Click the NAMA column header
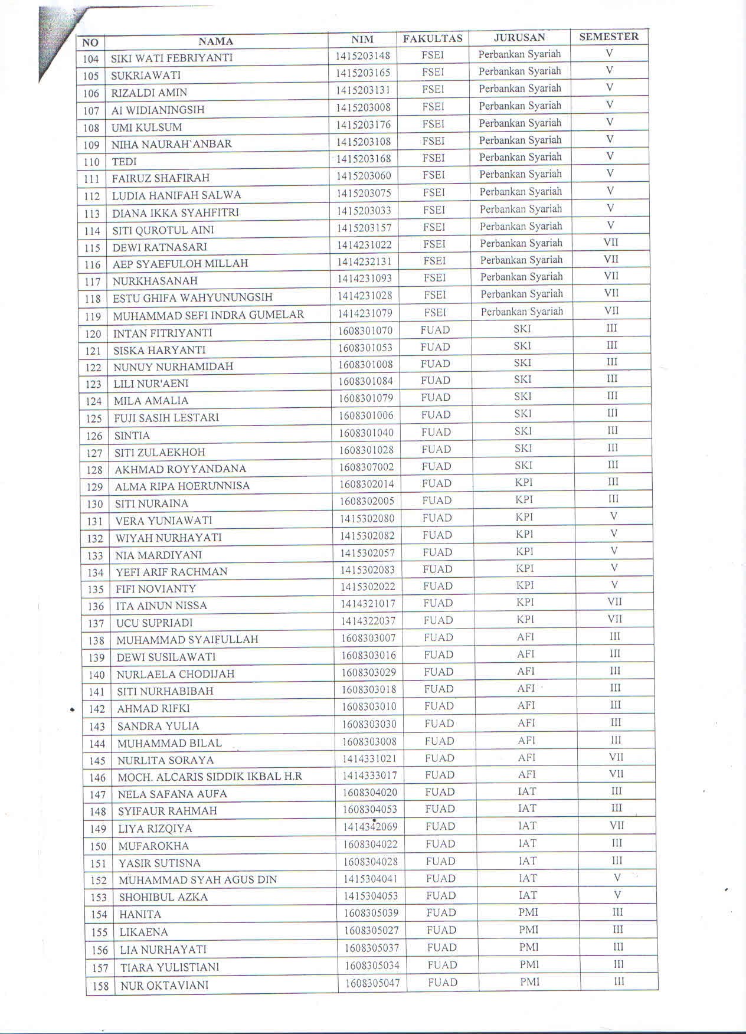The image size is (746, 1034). pos(215,41)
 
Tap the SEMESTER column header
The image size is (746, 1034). pos(608,37)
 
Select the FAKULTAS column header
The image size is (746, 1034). pos(433,39)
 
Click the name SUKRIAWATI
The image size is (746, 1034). pos(146,76)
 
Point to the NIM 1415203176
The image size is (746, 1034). pos(363,125)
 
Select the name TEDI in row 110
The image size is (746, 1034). pos(124,162)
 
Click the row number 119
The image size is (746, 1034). pos(93,316)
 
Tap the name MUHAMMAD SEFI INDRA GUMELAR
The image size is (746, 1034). pos(208,315)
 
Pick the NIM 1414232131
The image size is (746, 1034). pos(364,261)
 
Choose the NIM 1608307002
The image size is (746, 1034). pos(366,467)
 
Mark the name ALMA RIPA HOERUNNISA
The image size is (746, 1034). pos(182,486)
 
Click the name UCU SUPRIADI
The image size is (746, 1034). pos(154,623)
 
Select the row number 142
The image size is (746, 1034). pos(96,709)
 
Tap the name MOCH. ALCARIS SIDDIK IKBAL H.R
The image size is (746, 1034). pos(210,777)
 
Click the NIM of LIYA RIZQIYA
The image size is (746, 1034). pos(370,827)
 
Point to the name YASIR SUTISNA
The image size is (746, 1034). pos(159,863)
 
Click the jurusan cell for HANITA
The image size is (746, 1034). pos(528,912)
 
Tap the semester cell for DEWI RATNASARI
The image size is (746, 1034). pos(611,242)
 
